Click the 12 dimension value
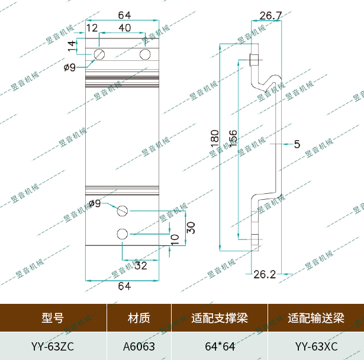point(92,28)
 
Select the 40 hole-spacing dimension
point(125,28)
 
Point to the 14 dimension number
point(72,44)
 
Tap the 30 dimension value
point(191,228)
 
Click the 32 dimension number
point(140,266)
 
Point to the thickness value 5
point(297,144)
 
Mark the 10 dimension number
point(175,239)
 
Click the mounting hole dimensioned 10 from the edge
point(123,233)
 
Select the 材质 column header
point(139,318)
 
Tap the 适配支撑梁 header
point(220,318)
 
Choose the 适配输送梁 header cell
point(316,318)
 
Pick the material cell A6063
point(139,346)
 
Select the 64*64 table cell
point(220,346)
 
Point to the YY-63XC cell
point(316,346)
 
